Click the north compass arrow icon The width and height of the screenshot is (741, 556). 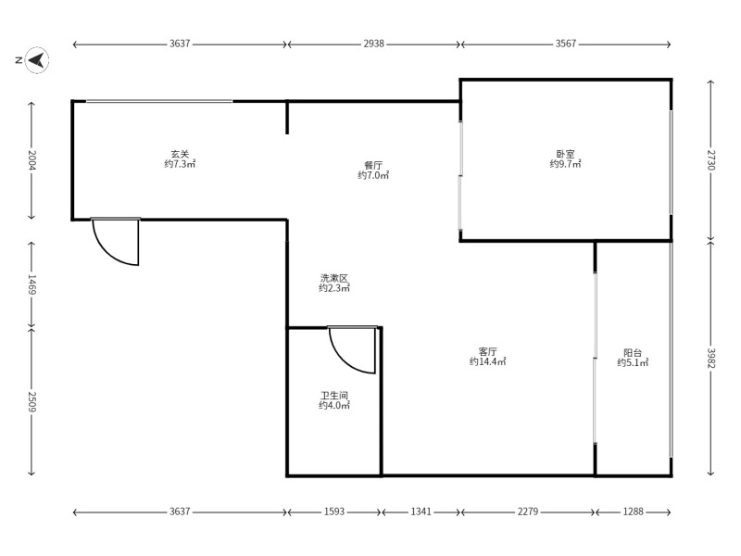coord(37,60)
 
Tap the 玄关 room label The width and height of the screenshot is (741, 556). coord(180,154)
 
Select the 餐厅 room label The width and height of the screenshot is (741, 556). coord(373,166)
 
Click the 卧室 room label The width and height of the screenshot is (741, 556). coord(565,154)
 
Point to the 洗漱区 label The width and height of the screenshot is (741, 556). coord(334,278)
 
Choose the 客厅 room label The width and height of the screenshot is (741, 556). coord(488,352)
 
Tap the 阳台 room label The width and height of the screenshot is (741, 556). coord(633,353)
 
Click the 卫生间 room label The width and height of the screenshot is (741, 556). coord(334,396)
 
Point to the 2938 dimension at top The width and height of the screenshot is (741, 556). coord(373,44)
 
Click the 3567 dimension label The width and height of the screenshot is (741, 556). coord(565,44)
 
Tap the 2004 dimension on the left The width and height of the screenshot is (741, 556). coord(32,159)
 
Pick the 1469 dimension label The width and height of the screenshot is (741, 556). coord(32,284)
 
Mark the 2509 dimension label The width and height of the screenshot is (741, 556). coord(32,401)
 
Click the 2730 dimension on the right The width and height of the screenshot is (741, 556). coord(711,159)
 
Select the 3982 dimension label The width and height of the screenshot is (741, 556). coord(711,359)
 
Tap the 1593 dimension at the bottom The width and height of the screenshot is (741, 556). coord(334,512)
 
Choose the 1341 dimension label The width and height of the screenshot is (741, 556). coord(421,512)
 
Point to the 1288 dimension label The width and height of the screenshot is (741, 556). coord(633,512)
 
